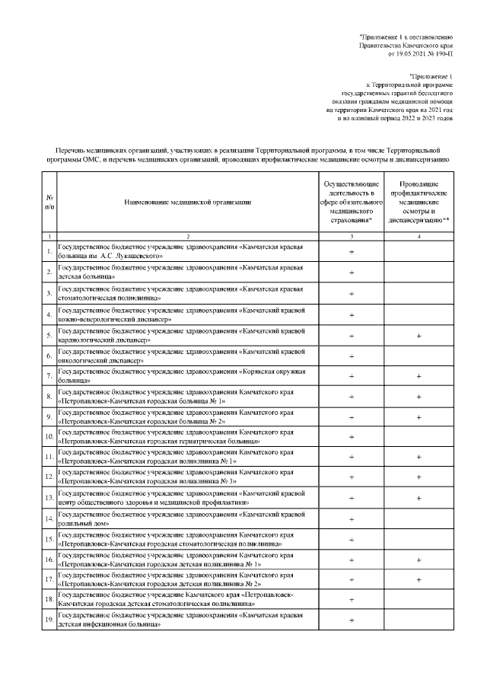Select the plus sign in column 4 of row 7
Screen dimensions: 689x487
(x=419, y=376)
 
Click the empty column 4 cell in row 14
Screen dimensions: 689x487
(x=419, y=519)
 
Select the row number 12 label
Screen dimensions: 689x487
(x=49, y=477)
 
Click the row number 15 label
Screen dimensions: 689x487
(x=49, y=539)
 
